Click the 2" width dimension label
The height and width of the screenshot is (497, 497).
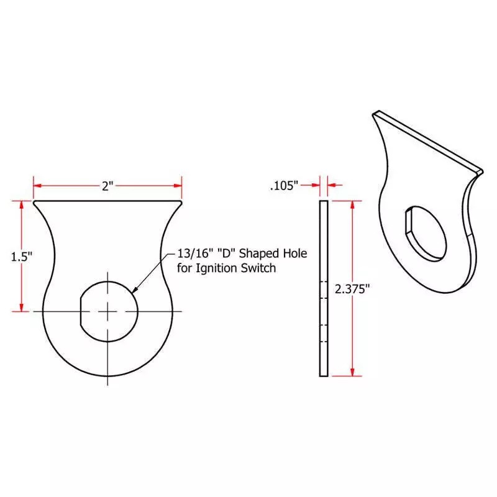click(x=107, y=186)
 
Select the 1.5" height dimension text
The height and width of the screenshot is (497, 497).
click(x=22, y=257)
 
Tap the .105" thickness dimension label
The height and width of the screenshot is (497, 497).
click(x=284, y=185)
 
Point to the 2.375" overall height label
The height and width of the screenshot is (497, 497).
click(x=352, y=289)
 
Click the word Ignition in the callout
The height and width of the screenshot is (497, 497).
click(x=216, y=268)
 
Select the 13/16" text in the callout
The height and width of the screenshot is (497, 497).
click(x=194, y=253)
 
